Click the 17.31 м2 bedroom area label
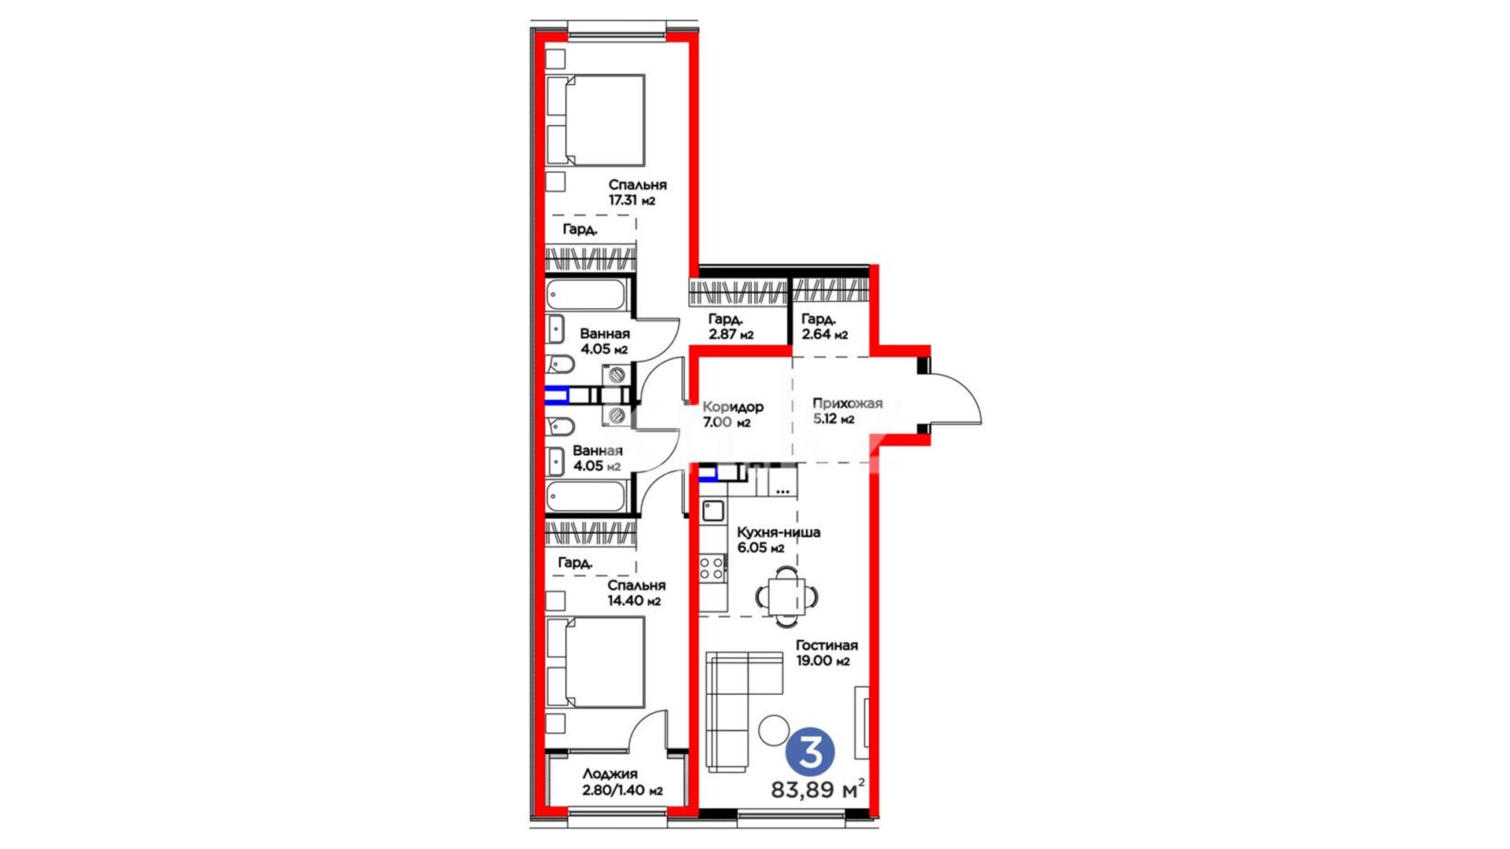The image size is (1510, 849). [x=632, y=200]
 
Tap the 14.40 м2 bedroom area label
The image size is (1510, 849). [x=634, y=601]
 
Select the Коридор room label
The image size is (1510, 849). [x=732, y=407]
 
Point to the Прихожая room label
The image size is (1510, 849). [x=847, y=403]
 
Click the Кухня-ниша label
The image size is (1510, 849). [x=778, y=532]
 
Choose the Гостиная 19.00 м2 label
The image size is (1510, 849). [x=826, y=652]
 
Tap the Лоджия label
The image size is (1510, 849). [x=610, y=774]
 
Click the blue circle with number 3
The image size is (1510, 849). [x=810, y=752]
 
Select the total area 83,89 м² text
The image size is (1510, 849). [x=818, y=788]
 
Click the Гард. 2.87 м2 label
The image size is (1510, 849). [x=731, y=326]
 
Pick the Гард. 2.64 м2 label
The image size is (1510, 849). [x=824, y=326]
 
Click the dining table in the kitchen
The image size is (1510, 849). [x=786, y=597]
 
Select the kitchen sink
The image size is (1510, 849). [x=713, y=511]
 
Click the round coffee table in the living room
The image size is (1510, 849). [x=774, y=730]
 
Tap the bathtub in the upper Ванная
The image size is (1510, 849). [x=587, y=296]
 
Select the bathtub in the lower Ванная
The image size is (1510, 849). [x=587, y=497]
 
